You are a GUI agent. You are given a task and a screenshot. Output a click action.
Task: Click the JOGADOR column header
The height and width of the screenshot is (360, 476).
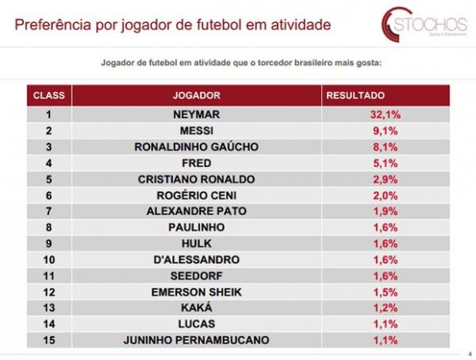point(196,95)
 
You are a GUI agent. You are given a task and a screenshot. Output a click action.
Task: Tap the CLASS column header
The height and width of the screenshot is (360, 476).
point(48,95)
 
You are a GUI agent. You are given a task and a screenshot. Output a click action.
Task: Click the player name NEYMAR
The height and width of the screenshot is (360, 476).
point(196,114)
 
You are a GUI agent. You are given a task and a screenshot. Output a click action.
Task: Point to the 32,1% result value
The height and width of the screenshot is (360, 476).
point(386,114)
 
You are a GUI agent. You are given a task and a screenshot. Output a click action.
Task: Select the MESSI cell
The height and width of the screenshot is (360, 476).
point(196,131)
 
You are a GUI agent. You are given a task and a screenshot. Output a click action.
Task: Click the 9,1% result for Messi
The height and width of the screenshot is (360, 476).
point(386,131)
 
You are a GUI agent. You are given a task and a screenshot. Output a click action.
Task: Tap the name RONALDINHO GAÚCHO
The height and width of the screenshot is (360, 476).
point(196,147)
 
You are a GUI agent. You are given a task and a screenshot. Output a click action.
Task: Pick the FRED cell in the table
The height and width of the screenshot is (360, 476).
point(196,163)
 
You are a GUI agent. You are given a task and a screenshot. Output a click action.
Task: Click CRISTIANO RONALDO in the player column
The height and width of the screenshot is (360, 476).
point(196,179)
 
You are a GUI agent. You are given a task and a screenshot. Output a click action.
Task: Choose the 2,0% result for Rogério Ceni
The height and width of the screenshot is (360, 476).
point(386,195)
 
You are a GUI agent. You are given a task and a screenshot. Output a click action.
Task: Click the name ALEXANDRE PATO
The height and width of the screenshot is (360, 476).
point(196,211)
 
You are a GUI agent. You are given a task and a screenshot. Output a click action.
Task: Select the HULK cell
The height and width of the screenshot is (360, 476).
point(196,243)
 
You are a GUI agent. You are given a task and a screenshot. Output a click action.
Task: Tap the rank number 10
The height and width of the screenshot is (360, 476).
point(48,259)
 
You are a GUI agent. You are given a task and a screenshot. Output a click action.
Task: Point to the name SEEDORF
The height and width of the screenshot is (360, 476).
point(196,275)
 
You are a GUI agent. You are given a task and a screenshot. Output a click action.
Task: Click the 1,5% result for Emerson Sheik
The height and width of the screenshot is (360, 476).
point(386,292)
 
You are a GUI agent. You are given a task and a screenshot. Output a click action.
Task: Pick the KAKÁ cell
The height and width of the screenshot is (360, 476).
point(196,308)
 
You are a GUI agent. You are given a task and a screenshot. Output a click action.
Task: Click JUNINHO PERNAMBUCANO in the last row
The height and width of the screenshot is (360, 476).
point(196,340)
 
